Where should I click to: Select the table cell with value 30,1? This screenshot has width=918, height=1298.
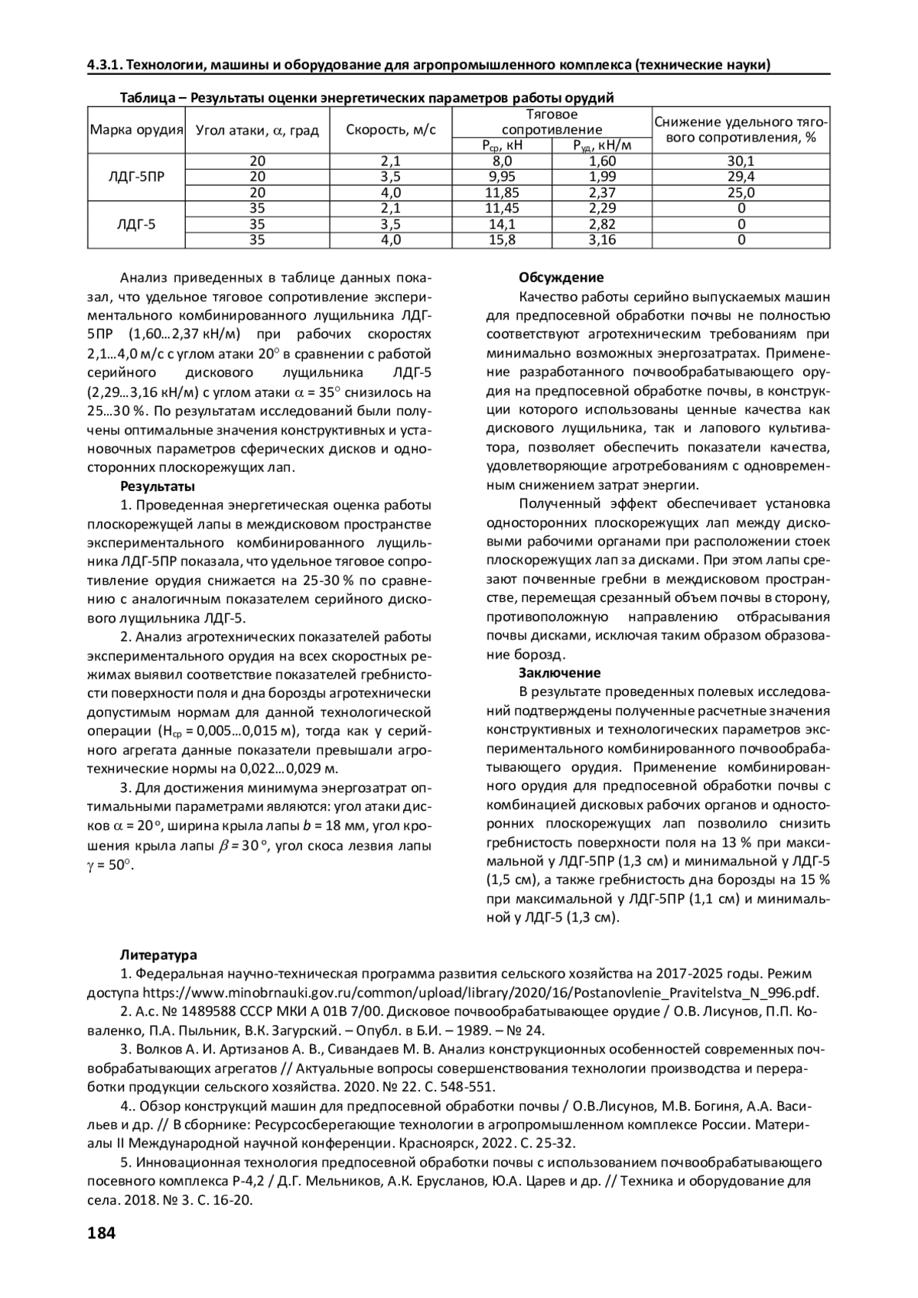coord(741,161)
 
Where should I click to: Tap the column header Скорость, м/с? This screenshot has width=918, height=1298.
coord(391,130)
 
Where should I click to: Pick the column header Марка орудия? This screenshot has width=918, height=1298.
coord(136,130)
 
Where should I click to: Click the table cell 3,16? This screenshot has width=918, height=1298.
coord(602,240)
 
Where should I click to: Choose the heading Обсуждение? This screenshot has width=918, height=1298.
coord(561,278)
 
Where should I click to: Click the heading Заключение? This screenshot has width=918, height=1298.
coord(559,673)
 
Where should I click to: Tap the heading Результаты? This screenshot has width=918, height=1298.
coord(158,486)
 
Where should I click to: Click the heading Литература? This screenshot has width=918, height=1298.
coord(158,955)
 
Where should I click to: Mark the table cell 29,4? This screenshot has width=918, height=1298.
coord(741,177)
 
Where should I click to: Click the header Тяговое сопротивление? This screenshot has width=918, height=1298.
coord(552,122)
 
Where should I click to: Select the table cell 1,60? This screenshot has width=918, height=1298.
coord(602,161)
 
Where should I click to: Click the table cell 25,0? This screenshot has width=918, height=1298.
coord(741,193)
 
